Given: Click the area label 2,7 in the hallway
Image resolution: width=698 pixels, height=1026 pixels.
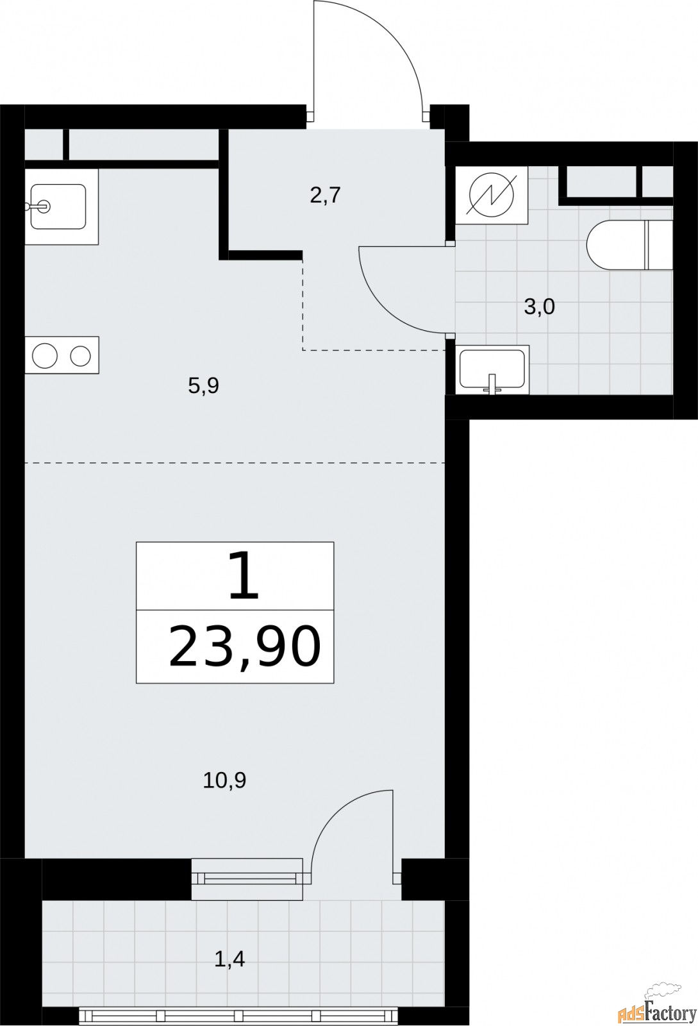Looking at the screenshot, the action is pyautogui.click(x=326, y=196).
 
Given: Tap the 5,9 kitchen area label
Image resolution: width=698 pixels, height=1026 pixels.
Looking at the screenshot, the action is pyautogui.click(x=204, y=385).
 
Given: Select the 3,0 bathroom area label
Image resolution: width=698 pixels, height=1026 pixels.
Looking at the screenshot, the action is pyautogui.click(x=539, y=307).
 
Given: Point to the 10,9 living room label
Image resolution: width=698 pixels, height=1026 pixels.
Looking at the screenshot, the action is pyautogui.click(x=224, y=780).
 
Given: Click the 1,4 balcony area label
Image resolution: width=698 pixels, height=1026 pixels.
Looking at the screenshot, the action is pyautogui.click(x=229, y=959).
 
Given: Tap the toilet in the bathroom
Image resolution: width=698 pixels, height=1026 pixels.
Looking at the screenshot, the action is pyautogui.click(x=630, y=245).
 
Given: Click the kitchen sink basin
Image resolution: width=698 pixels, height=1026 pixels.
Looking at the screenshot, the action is pyautogui.click(x=58, y=206).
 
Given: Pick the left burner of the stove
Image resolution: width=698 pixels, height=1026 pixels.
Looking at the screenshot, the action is pyautogui.click(x=45, y=355).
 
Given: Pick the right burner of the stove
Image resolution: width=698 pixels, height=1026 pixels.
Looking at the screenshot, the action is pyautogui.click(x=81, y=355).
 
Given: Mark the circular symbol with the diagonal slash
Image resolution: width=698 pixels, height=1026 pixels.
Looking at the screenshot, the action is pyautogui.click(x=492, y=196).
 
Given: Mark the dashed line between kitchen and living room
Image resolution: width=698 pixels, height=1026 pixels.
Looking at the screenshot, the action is pyautogui.click(x=235, y=463).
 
